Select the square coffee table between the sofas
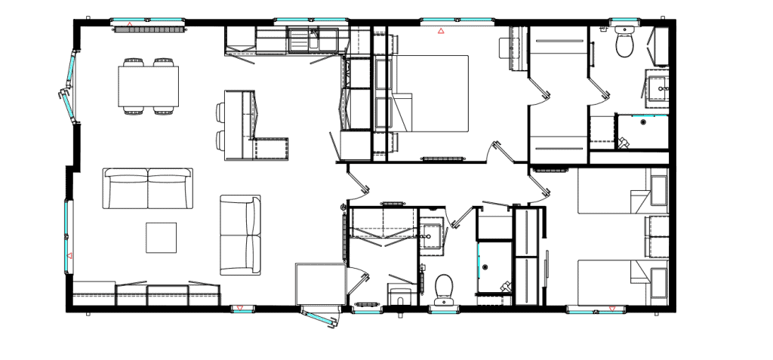(x=161, y=237)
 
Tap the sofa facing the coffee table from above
(x=146, y=189)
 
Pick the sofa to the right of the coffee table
(x=240, y=235)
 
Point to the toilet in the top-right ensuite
(x=624, y=44)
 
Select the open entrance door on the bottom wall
(x=319, y=318)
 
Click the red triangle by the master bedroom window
(x=441, y=32)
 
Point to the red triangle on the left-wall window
(x=69, y=257)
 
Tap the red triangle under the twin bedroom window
(x=611, y=309)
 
